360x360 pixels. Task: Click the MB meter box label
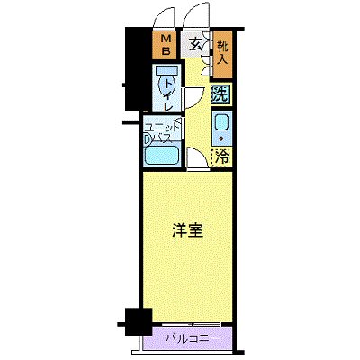[166, 45]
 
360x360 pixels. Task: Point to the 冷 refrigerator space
[221, 157]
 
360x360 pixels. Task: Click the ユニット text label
[164, 126]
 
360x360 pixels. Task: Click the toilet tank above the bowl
[166, 70]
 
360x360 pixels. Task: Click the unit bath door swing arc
[196, 126]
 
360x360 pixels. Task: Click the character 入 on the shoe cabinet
[221, 64]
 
